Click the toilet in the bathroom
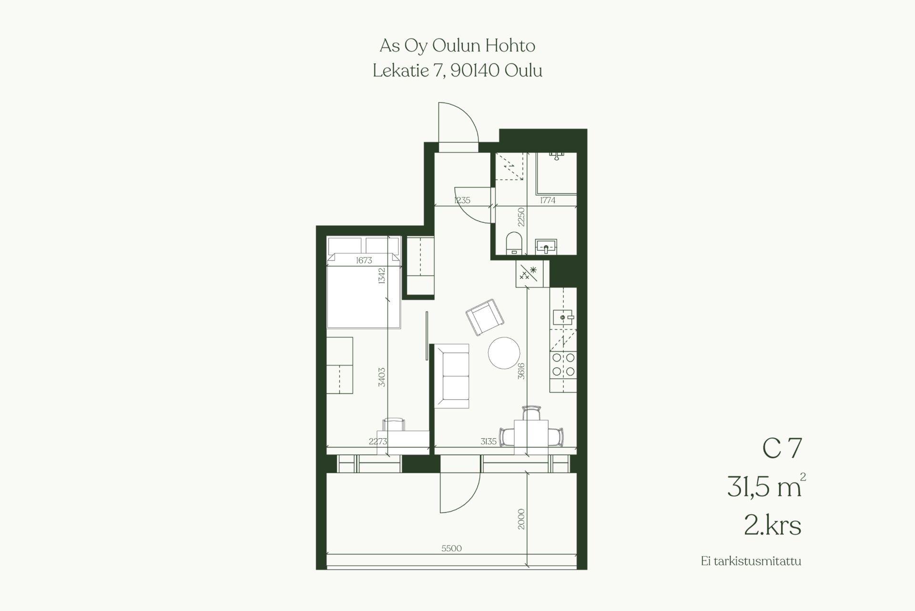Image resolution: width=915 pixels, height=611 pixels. tap(514, 243)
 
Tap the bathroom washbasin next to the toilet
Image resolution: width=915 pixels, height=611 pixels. tap(546, 246)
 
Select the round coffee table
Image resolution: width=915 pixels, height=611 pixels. tap(504, 353)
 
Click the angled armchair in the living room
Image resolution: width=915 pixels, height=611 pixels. tap(484, 317)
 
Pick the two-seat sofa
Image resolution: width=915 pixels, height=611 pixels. tap(452, 376)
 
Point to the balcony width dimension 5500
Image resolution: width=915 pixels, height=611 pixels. tap(451, 549)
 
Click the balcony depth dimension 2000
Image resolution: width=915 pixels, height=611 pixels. tap(521, 519)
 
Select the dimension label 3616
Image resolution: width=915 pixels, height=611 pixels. tap(521, 371)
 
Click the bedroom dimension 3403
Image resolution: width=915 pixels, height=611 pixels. tap(382, 377)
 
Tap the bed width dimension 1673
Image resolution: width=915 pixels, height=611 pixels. tap(364, 260)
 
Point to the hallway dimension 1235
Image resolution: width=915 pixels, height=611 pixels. tap(462, 200)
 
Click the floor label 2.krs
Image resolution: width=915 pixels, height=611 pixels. tap(773, 526)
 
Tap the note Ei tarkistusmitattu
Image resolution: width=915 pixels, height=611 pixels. tap(751, 561)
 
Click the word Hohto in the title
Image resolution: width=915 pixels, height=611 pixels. tap(510, 46)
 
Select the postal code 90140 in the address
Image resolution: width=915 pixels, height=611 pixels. tap(475, 71)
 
